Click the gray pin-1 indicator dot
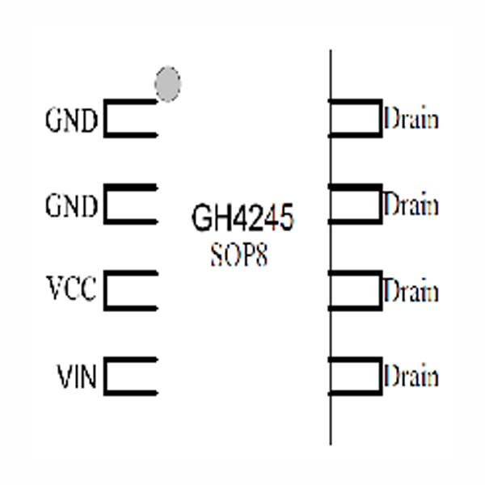pyautogui.click(x=167, y=85)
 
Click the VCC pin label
pyautogui.click(x=71, y=289)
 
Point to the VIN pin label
pyautogui.click(x=77, y=377)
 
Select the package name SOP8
pyautogui.click(x=238, y=256)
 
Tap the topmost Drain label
pyautogui.click(x=411, y=120)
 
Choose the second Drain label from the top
pyautogui.click(x=411, y=205)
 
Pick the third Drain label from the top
pyautogui.click(x=411, y=290)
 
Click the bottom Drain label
pyautogui.click(x=411, y=376)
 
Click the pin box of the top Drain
pyautogui.click(x=356, y=118)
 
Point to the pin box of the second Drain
pyautogui.click(x=356, y=205)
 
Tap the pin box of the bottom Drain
pyautogui.click(x=356, y=377)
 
